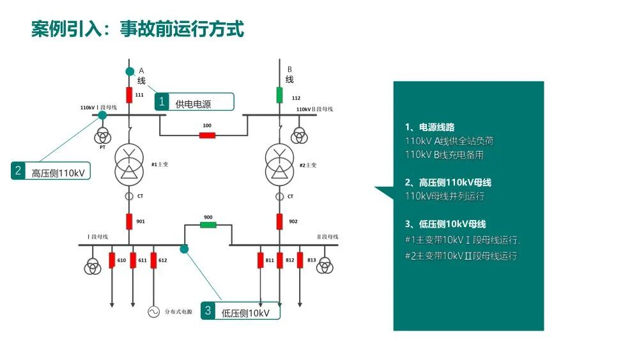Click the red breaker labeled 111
pos(129,95)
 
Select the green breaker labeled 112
pos(279,95)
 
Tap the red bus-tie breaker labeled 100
pos(207,135)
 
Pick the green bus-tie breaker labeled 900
pos(208,225)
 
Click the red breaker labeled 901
pos(129,221)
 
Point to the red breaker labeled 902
pos(279,221)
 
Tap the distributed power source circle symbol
pos(153,311)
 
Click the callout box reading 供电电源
pos(194,102)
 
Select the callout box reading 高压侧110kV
pos(51,171)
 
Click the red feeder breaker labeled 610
pos(112,260)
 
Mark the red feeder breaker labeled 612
pos(153,260)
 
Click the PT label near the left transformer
pos(102,147)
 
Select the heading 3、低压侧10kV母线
pos(445,224)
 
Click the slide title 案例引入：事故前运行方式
pos(137,29)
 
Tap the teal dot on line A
pos(130,71)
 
